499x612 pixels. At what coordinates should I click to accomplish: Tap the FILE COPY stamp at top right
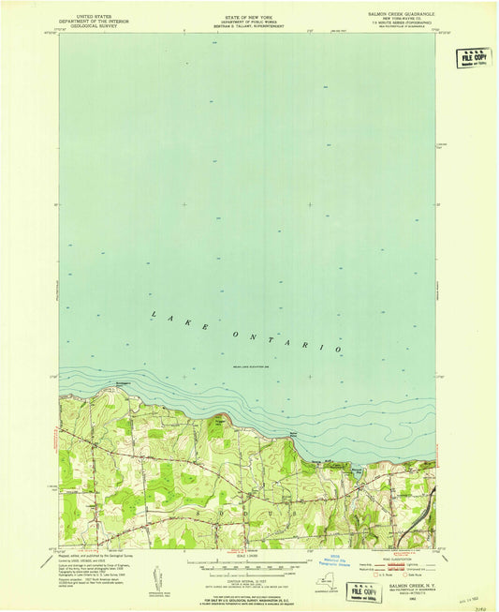click(x=475, y=58)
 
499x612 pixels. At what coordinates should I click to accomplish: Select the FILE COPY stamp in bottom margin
click(x=366, y=590)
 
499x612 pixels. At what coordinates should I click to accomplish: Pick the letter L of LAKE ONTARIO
click(x=154, y=314)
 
